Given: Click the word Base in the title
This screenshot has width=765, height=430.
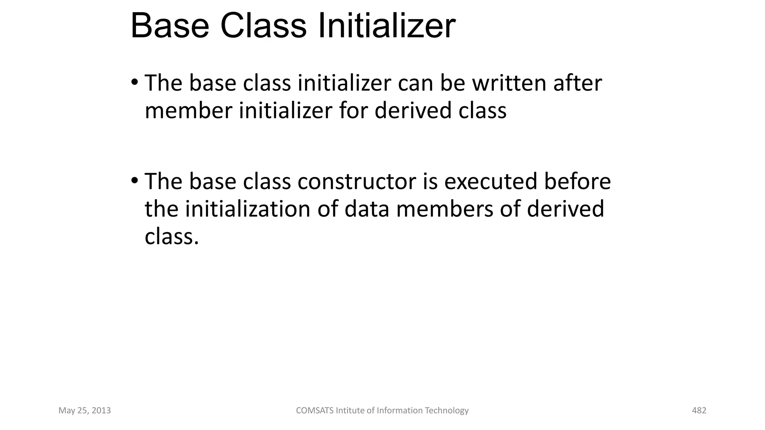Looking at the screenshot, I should coord(170,26).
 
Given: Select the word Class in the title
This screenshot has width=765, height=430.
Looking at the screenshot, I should coord(263,26).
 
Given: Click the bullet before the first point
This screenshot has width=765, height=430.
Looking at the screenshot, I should coord(135,82).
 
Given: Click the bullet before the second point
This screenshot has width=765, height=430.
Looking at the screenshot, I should coord(135,181).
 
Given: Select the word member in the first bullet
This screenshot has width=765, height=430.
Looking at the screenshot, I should coord(188,111).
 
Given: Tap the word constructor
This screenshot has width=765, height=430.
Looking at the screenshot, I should coord(357,181).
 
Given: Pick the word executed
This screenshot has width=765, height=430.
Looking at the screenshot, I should coord(490,181).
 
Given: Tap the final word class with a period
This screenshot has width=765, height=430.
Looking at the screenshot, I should coord(171,237).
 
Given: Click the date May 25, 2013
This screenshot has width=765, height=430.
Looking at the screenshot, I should coord(85,411).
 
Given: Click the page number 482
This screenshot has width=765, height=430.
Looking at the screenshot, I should coord(699,411).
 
